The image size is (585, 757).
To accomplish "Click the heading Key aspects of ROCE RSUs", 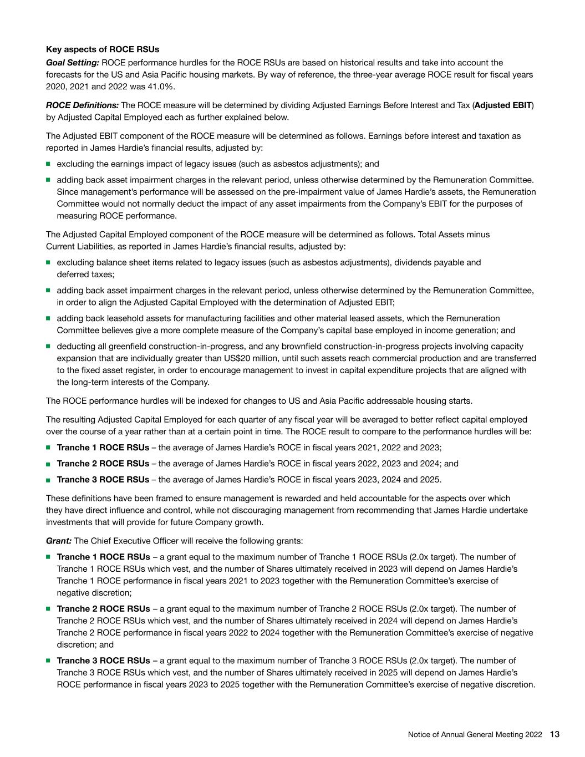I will click(x=102, y=50).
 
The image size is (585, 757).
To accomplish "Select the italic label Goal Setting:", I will click(x=73, y=63).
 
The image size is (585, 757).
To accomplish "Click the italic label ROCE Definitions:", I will click(x=82, y=105).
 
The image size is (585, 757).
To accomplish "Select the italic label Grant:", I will click(x=59, y=541).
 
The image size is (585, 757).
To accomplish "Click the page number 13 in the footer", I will click(x=555, y=734).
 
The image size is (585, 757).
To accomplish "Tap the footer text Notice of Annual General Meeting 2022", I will click(x=475, y=735).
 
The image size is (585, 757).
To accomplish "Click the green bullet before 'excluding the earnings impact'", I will click(x=49, y=164).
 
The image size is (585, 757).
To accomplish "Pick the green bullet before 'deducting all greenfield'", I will click(x=49, y=346).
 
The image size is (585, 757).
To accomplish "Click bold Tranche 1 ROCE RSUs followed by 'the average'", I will click(x=103, y=448).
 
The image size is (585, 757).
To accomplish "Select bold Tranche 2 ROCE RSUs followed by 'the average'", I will click(x=103, y=464).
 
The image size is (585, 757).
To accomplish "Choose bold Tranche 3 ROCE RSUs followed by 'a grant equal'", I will click(x=103, y=661).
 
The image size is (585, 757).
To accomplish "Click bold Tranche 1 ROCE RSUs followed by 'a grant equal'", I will click(x=103, y=557).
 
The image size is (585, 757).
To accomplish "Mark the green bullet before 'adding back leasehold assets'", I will click(x=49, y=318).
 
